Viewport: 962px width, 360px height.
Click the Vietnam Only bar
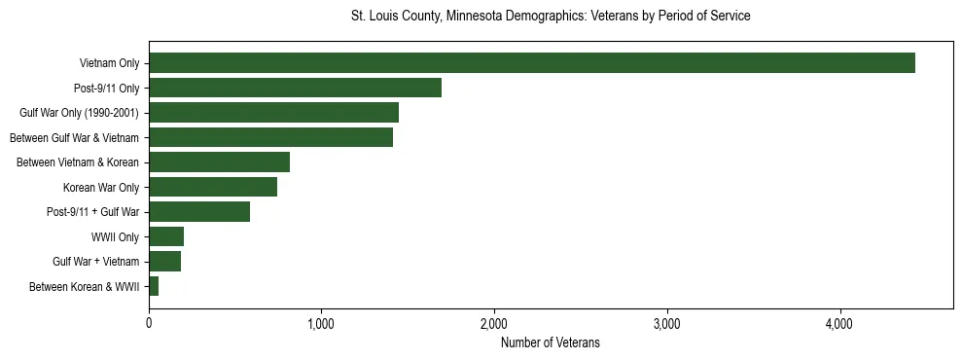pos(531,63)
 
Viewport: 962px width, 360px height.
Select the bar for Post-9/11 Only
pos(295,88)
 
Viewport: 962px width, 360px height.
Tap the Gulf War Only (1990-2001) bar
pos(273,113)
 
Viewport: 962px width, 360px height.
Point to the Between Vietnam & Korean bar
pos(219,162)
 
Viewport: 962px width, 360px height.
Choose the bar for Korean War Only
pos(213,187)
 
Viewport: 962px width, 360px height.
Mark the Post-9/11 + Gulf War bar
pos(199,211)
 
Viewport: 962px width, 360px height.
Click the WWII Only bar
pos(166,236)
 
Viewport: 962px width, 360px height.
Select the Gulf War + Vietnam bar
pos(164,261)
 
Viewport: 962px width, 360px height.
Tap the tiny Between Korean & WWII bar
pos(154,286)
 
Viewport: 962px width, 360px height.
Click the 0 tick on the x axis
pos(149,323)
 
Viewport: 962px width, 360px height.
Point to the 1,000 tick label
pos(321,323)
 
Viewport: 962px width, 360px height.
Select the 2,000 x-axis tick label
pos(494,323)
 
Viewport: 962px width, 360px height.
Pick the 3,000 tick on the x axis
pos(667,323)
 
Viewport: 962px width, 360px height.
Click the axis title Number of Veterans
pos(550,342)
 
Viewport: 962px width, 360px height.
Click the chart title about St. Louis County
pos(551,17)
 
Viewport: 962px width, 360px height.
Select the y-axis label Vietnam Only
pos(109,63)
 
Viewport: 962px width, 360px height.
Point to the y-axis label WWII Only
pos(115,236)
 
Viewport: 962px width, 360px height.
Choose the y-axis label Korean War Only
pos(101,187)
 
